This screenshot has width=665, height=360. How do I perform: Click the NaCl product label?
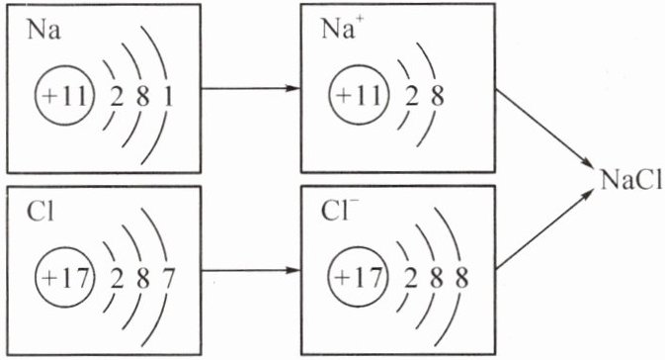631,181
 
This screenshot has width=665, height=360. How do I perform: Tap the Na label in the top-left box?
43,31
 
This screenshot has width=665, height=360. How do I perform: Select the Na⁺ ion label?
338,29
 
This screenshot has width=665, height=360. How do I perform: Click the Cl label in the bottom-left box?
41,212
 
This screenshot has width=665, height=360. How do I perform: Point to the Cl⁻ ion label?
335,211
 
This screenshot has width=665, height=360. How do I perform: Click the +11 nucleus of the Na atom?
62,96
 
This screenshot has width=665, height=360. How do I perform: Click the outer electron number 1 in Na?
168,97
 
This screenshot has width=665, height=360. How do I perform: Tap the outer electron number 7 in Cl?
168,279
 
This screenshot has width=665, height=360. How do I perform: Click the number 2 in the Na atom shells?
117,97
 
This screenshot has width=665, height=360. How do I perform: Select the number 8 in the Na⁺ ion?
437,97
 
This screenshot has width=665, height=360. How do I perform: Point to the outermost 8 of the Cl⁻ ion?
461,279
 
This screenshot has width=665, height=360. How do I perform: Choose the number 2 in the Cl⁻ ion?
410,279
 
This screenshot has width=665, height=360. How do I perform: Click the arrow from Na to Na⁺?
251,88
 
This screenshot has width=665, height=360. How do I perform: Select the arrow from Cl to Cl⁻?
251,270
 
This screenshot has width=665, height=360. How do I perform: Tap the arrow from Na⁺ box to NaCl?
543,129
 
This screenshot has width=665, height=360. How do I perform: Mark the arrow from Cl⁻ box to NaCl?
543,229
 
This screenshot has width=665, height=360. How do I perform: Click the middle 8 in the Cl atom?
142,279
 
